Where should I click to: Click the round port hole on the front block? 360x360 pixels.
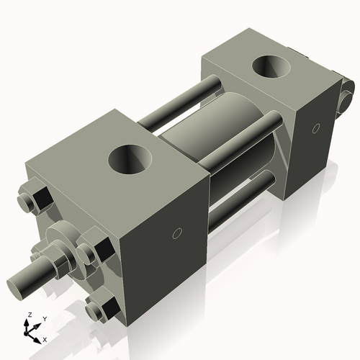[133, 158]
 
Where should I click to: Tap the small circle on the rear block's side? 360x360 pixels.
[315, 129]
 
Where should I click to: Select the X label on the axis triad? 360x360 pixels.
[45, 338]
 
